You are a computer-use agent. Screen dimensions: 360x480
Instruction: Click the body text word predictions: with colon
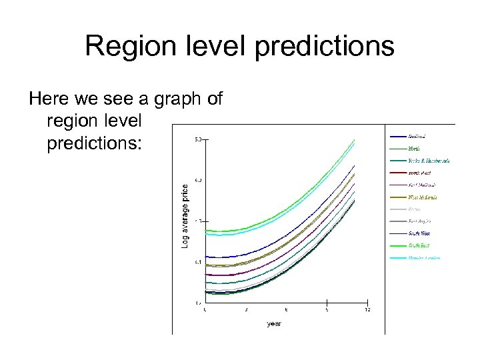point(95,143)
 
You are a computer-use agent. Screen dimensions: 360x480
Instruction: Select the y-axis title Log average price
point(185,217)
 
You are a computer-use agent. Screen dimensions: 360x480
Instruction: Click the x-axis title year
point(273,324)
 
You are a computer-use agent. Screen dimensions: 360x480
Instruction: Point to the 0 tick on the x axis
point(205,310)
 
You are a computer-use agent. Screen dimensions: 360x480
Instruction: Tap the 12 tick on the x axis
point(367,310)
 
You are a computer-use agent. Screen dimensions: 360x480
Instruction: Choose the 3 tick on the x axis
point(246,310)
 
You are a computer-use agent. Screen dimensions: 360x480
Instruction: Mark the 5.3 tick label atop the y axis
point(198,139)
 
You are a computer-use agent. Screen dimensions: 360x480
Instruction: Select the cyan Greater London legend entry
point(424,257)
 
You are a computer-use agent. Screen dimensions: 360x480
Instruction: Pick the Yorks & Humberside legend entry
point(428,161)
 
